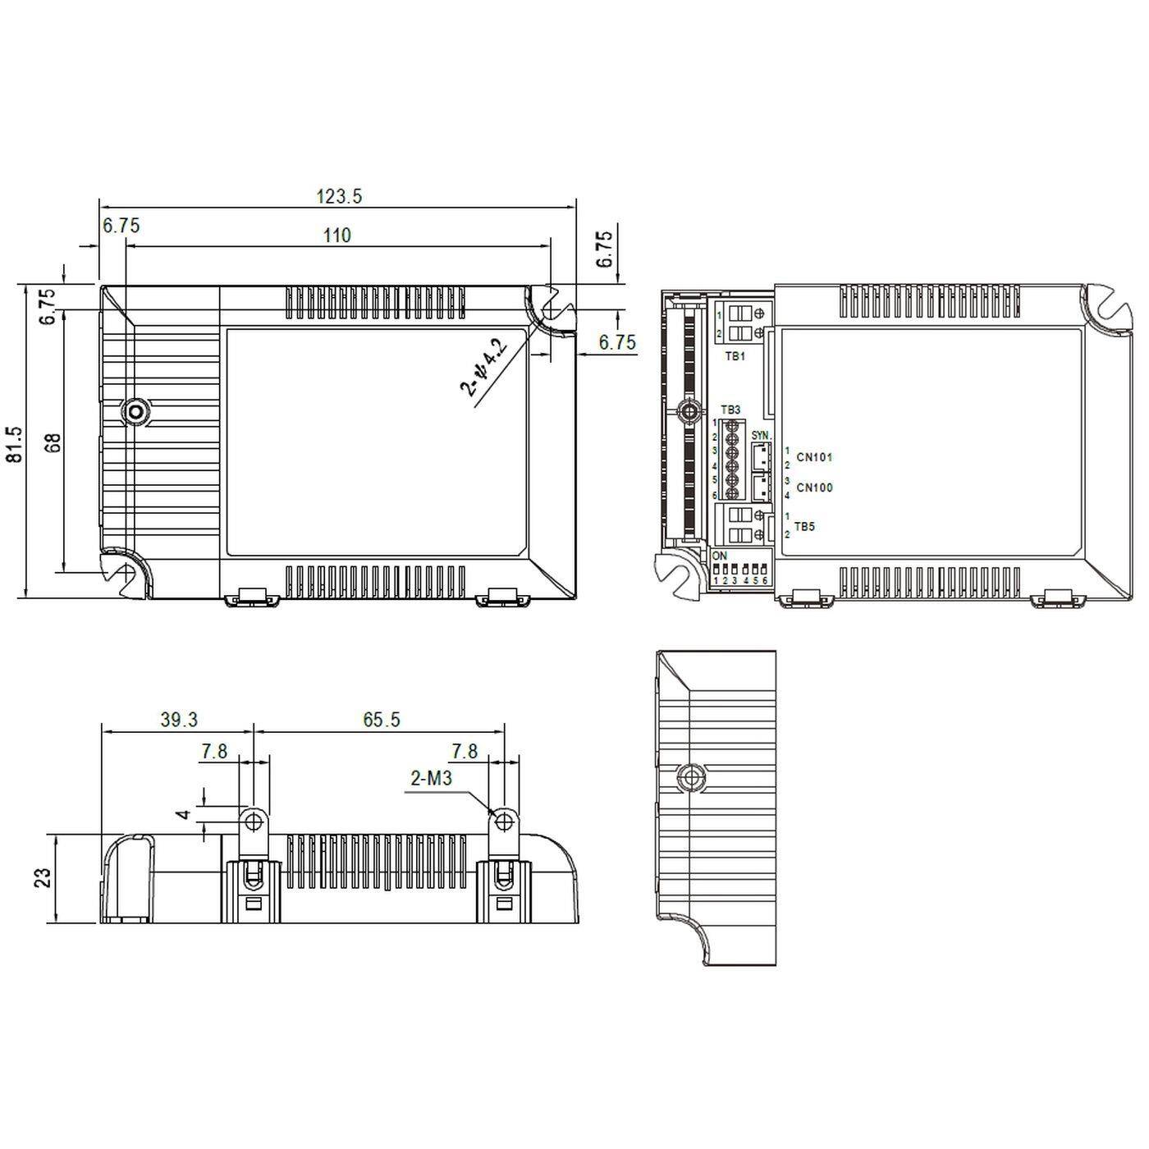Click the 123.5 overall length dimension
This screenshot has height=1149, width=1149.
click(x=339, y=196)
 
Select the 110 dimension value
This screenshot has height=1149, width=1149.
click(x=336, y=236)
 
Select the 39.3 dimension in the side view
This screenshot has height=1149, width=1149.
click(x=178, y=720)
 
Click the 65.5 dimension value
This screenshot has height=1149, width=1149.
click(x=382, y=720)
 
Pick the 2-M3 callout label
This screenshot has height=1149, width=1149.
click(x=432, y=778)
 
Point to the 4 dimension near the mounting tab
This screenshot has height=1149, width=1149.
click(x=185, y=815)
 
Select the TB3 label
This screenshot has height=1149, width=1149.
click(x=730, y=410)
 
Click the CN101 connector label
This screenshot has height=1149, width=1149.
click(x=814, y=457)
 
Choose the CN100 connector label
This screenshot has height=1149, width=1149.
click(x=814, y=488)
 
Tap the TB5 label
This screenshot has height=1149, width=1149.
click(x=804, y=526)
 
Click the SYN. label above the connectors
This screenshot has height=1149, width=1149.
click(x=761, y=434)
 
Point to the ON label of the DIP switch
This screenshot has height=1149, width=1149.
click(x=720, y=556)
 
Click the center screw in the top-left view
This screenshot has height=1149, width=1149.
click(x=135, y=410)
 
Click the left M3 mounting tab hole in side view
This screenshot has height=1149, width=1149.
click(x=253, y=821)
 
